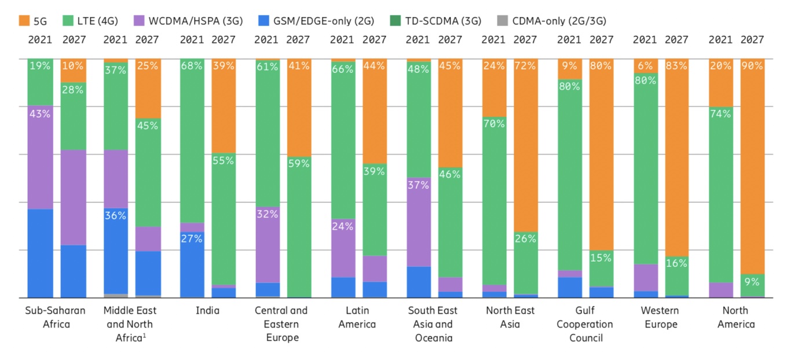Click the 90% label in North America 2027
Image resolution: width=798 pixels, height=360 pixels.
pyautogui.click(x=752, y=66)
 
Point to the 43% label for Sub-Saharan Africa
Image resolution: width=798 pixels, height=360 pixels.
pyautogui.click(x=39, y=114)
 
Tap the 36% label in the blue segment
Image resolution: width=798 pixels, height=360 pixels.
pyautogui.click(x=115, y=215)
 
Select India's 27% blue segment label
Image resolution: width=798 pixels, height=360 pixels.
pyautogui.click(x=192, y=237)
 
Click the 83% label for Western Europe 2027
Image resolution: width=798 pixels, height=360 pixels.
pyautogui.click(x=676, y=66)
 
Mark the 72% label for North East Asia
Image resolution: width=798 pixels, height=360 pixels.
pyautogui.click(x=525, y=66)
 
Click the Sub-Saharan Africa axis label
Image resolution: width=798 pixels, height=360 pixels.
pyautogui.click(x=56, y=317)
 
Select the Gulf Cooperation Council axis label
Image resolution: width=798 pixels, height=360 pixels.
pyautogui.click(x=585, y=324)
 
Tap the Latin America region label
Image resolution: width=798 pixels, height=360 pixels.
pyautogui.click(x=357, y=317)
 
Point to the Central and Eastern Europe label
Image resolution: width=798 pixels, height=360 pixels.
pyautogui.click(x=282, y=324)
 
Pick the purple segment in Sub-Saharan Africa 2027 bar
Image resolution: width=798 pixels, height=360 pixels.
pyautogui.click(x=73, y=197)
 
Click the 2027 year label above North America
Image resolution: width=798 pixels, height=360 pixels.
pyautogui.click(x=752, y=40)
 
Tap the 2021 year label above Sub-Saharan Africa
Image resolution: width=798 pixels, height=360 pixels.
pyautogui.click(x=40, y=40)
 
